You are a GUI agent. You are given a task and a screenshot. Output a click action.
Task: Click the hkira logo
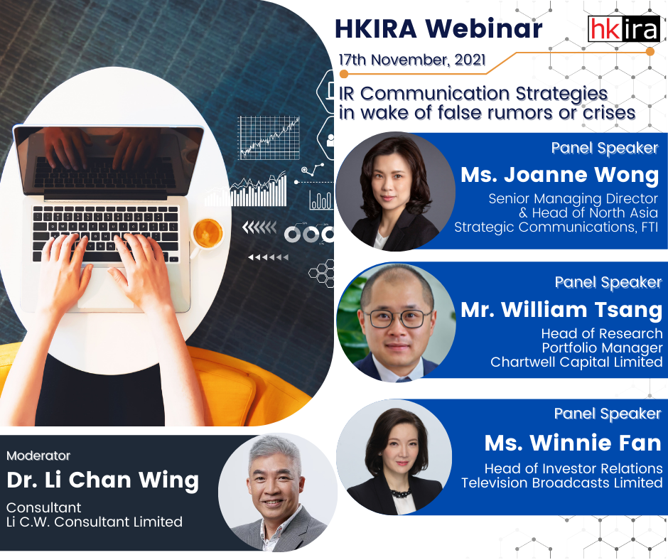tap(624, 28)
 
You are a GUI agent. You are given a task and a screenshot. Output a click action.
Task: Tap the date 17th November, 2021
tap(412, 60)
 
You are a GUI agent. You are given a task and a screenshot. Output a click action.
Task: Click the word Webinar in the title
tap(484, 29)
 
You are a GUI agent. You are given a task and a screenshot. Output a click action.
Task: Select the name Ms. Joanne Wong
tap(559, 175)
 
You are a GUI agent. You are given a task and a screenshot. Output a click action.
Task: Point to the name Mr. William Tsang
tap(561, 310)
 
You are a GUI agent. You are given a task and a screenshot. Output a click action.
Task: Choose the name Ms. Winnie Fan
tap(573, 443)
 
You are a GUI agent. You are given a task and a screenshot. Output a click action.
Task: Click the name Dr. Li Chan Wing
tap(102, 480)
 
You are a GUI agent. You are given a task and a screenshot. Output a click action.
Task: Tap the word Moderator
tap(38, 456)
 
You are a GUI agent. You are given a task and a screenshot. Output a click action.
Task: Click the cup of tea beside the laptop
tap(208, 234)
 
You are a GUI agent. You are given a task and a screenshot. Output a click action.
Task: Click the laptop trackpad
tap(104, 287)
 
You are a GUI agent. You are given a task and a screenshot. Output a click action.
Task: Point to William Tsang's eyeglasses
tap(397, 318)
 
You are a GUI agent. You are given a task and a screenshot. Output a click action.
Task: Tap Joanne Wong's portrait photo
tap(395, 191)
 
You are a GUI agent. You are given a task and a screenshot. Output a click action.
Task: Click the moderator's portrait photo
tap(278, 492)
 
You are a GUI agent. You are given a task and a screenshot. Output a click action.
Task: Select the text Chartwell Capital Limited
tap(576, 362)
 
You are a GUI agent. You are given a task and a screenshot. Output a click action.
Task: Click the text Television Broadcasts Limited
tap(562, 483)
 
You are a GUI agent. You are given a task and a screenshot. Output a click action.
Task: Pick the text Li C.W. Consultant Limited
tap(94, 522)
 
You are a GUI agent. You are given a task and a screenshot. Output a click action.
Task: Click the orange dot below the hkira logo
tap(650, 52)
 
